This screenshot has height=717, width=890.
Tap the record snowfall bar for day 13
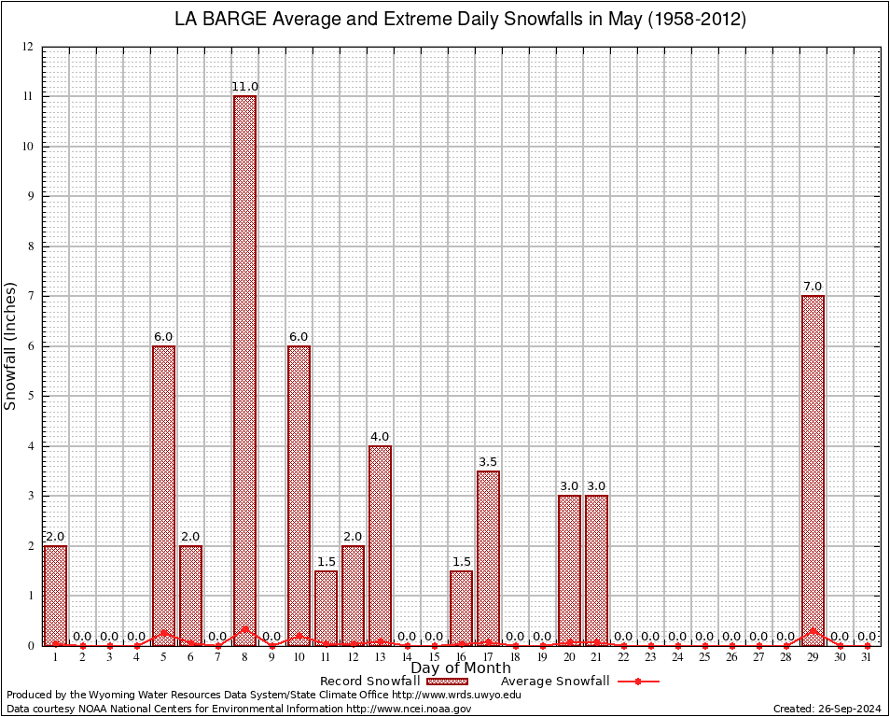point(380,545)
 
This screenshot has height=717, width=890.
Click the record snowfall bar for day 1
point(55,595)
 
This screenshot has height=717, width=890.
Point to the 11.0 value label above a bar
point(244,87)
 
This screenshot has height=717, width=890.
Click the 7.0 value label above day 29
point(813,287)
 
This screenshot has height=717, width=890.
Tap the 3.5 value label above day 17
point(488,461)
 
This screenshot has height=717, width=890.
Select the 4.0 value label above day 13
point(380,436)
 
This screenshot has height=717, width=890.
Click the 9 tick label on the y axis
point(31,196)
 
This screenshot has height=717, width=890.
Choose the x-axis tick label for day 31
point(867,657)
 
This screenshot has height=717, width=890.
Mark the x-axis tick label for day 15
point(434,657)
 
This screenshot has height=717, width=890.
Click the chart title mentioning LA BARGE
point(461,20)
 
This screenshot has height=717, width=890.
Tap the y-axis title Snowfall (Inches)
point(11,345)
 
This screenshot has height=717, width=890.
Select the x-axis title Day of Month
point(461,668)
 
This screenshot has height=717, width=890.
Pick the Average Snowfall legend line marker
point(638,682)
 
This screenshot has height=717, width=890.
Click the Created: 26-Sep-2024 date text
point(827,709)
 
